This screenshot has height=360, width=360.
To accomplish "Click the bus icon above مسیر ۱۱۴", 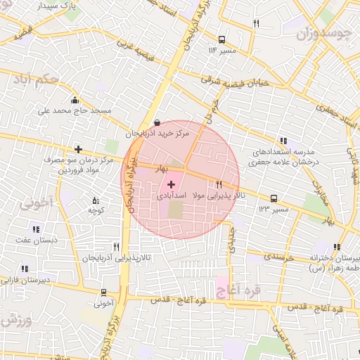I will (222, 40).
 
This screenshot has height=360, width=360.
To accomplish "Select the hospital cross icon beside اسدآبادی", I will (172, 184).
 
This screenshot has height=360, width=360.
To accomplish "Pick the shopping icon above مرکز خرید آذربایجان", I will (156, 121).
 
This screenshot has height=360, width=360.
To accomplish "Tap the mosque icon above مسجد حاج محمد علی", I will (75, 100).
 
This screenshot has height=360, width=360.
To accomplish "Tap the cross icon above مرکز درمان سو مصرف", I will (78, 149).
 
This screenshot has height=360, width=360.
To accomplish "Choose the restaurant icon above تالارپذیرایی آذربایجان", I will (116, 247).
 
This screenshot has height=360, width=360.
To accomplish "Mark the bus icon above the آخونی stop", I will (103, 292).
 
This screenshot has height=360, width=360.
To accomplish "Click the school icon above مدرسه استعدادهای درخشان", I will (283, 141).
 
